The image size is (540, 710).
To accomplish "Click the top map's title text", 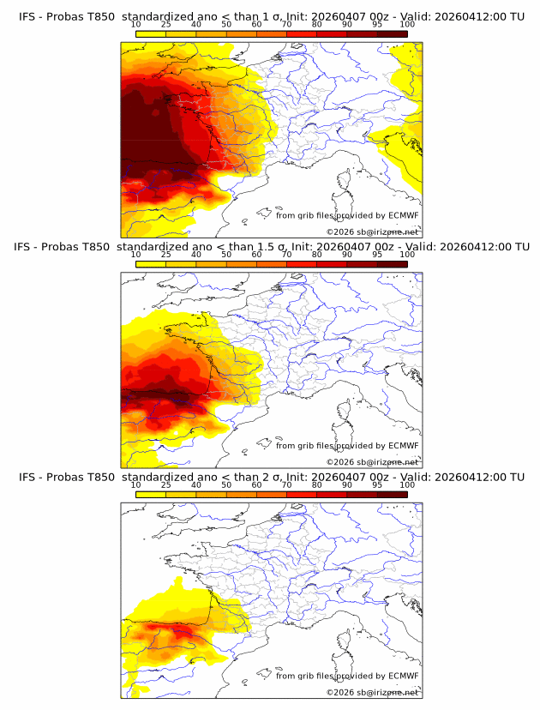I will click(271, 17).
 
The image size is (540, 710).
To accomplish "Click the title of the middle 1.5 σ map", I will click(271, 247).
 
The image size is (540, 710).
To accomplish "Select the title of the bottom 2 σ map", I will click(271, 477).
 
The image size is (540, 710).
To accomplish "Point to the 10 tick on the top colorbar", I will click(135, 26).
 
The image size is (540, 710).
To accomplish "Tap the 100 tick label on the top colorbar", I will click(407, 26).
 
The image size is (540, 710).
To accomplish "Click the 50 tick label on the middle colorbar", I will click(226, 256).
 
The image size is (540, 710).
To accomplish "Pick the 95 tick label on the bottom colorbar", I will click(377, 485).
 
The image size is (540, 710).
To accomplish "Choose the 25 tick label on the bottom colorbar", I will click(165, 485).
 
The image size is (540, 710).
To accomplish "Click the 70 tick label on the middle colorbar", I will click(286, 256).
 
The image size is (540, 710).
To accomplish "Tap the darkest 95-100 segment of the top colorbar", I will click(392, 33).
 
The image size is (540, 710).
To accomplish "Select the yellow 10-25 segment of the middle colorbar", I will click(150, 263).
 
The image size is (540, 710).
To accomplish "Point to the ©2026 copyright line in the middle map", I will click(372, 461).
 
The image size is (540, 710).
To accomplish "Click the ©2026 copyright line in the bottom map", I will click(372, 691).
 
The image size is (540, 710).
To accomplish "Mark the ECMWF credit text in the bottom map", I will click(346, 676).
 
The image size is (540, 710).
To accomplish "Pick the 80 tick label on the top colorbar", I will click(317, 26).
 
